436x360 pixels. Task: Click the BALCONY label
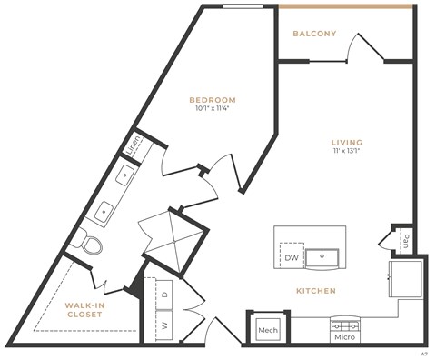click(x=314, y=34)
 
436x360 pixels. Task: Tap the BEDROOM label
click(x=213, y=99)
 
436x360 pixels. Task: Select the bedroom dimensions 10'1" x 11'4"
click(x=213, y=110)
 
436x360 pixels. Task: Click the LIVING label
click(x=346, y=142)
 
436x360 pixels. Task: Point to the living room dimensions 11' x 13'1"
click(x=346, y=153)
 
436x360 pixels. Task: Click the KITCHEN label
click(x=315, y=291)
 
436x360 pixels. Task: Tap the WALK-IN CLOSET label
click(x=88, y=311)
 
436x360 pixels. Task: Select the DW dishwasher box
click(x=291, y=257)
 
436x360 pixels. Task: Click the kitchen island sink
click(x=321, y=257)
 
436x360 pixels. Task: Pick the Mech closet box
click(x=267, y=330)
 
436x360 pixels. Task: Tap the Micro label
click(x=343, y=338)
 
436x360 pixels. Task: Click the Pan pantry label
click(x=405, y=241)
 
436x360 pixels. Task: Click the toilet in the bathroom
click(x=89, y=244)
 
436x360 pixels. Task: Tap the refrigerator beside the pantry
click(x=404, y=279)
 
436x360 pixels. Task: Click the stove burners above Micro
click(x=343, y=325)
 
